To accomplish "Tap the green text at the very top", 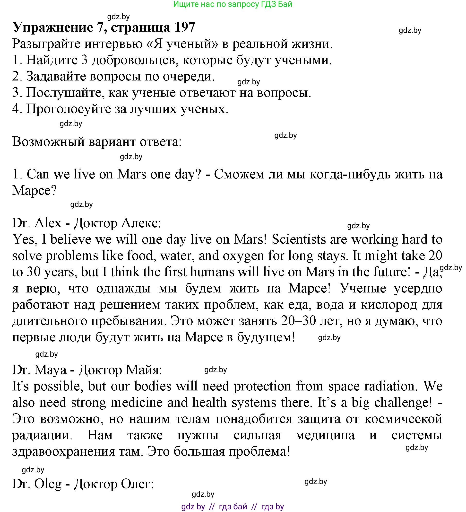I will pos(233,4).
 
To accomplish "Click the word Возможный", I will pos(48,142).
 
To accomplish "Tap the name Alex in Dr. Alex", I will pos(48,223).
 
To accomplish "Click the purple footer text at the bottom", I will pos(233,507).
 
